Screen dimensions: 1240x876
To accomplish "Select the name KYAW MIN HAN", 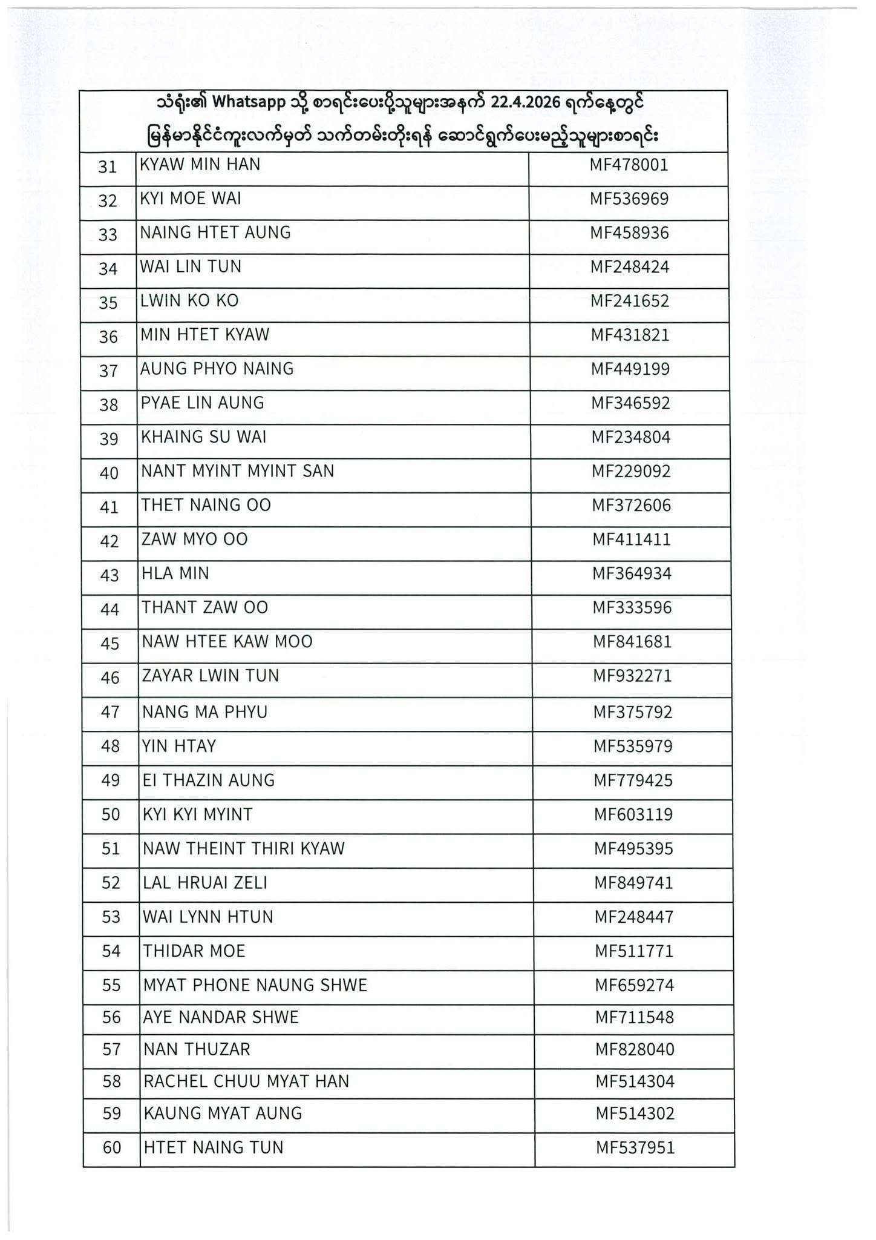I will [200, 165].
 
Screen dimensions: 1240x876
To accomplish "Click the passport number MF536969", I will [629, 199].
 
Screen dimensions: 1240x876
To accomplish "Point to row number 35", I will [108, 302].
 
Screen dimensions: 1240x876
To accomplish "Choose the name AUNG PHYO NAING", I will [217, 369].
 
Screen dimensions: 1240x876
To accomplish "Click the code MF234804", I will [631, 437].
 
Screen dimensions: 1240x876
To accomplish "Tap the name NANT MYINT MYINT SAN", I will [237, 471].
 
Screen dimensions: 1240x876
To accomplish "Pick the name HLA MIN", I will [175, 573].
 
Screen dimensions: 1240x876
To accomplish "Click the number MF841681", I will [632, 642].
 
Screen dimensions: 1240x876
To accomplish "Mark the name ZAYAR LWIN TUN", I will [211, 676].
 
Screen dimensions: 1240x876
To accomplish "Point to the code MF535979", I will [633, 747].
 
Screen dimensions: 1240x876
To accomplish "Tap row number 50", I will [111, 815].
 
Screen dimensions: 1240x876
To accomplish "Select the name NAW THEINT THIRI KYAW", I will [243, 849].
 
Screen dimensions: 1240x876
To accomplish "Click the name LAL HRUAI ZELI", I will [204, 883].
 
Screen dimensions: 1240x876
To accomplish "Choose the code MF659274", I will [634, 986].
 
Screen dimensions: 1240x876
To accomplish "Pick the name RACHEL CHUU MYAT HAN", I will [246, 1081].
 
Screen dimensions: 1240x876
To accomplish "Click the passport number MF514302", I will [635, 1113].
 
